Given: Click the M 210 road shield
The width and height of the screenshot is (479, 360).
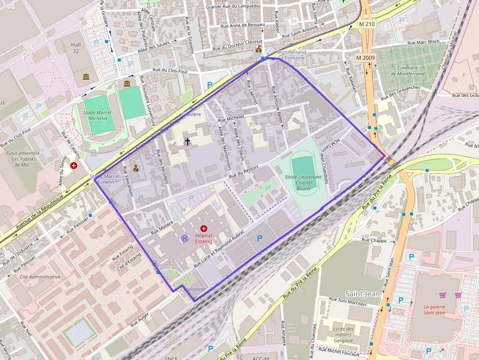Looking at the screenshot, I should click(366, 24).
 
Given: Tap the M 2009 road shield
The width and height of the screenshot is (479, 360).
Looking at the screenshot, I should click(365, 58).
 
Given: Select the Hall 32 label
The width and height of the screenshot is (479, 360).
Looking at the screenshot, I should click(76, 47).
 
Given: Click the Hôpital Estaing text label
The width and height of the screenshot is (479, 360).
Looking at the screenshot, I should click(204, 238).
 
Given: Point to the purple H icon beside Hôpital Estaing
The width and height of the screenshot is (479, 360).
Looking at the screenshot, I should click(185, 238).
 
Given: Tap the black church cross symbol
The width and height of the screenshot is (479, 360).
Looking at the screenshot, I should click(187, 142).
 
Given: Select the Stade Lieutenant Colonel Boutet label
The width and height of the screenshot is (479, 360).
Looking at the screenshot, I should click(303, 182).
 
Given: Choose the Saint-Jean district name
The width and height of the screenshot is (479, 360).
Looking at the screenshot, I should click(362, 294).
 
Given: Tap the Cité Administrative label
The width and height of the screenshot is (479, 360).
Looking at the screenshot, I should click(40, 276).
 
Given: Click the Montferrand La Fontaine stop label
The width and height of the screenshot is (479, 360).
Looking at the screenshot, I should click(291, 55).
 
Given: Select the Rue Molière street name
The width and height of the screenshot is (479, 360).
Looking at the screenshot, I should click(162, 227).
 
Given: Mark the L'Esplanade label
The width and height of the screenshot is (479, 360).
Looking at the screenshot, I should click(193, 289).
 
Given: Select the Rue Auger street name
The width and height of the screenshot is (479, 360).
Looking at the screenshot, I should click(140, 320).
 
